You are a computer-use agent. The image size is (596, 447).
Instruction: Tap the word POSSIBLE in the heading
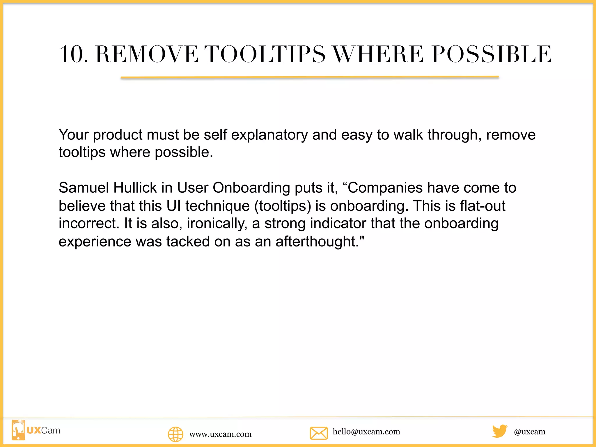click(x=492, y=54)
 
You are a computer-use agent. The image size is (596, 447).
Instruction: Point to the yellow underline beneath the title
click(x=310, y=77)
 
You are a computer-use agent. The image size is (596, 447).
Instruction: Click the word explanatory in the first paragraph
click(x=269, y=135)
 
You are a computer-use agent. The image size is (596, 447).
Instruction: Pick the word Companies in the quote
click(x=385, y=188)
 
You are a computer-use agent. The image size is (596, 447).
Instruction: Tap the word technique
click(x=217, y=206)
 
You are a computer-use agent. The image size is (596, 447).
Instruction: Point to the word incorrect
click(x=89, y=223)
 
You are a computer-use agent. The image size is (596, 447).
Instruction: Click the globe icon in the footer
click(x=175, y=434)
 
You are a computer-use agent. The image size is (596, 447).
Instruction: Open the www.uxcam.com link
click(x=220, y=434)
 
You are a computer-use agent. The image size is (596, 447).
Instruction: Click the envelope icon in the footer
click(x=319, y=433)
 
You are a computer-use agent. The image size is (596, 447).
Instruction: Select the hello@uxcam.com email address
click(x=366, y=432)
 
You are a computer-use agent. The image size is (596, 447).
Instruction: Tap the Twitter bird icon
click(x=500, y=431)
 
